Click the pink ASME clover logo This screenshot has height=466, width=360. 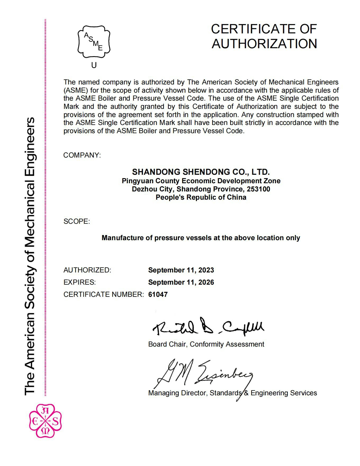coord(45,421)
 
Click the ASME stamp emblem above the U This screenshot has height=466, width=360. coord(94,42)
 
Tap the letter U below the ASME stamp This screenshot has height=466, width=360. coord(94,65)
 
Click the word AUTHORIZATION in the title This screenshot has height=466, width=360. coord(264,44)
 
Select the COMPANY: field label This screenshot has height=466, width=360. coord(82,155)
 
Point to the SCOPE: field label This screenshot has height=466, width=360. coord(77,221)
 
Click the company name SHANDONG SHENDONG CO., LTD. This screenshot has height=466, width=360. coord(201,172)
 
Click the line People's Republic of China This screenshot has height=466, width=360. coord(201,197)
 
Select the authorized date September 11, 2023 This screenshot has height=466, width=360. coord(181,270)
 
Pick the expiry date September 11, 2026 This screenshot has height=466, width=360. coord(181,282)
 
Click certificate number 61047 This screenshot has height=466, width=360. coord(158,294)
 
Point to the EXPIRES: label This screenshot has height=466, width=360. coord(79,282)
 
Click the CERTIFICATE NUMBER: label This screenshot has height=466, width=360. coord(103,294)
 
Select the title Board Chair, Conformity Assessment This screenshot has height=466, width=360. coord(206,344)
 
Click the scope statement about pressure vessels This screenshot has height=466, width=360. coord(201,238)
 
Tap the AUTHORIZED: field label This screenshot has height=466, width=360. coord(87,270)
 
